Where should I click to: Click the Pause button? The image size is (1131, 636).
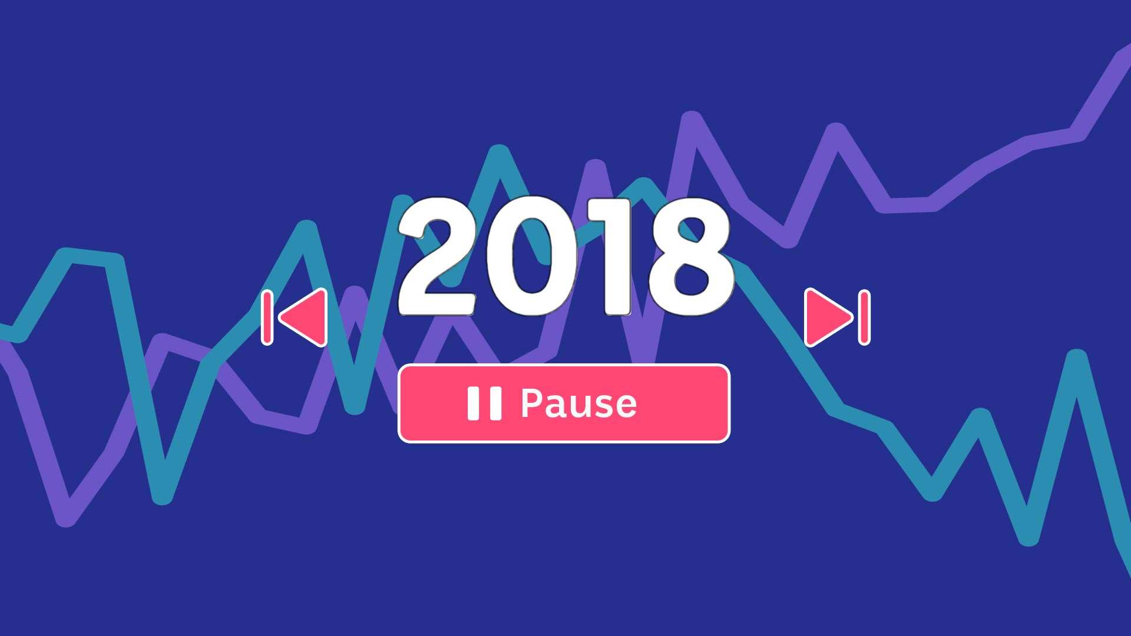coord(564,403)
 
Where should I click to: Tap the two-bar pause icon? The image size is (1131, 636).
coord(484,403)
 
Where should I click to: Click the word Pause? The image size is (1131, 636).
coord(578,403)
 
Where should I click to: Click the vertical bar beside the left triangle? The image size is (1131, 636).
coord(267,317)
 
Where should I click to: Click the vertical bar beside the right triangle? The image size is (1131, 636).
coord(864,317)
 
